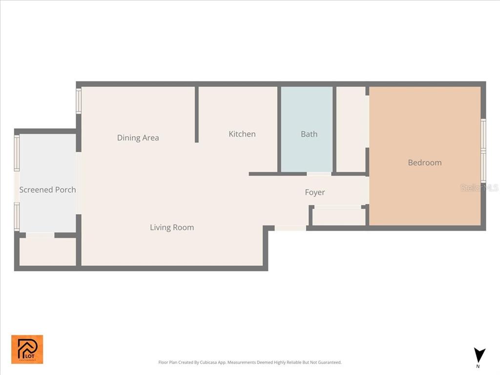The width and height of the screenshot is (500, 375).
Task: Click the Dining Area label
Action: [138, 138]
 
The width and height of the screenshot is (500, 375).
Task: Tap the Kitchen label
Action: [242, 134]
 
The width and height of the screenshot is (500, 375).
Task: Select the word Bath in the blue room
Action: [309, 134]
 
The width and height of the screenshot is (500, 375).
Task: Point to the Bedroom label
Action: [424, 163]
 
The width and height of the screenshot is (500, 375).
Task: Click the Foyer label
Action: [314, 192]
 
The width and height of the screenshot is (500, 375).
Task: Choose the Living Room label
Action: [171, 227]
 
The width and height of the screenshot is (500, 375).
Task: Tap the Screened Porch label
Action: [47, 189]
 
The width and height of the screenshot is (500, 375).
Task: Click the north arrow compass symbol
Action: [479, 355]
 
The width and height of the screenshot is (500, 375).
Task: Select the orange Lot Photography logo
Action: [27, 349]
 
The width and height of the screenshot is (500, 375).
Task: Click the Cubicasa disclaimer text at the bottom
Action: [250, 362]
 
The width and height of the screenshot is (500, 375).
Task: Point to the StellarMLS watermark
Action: [479, 187]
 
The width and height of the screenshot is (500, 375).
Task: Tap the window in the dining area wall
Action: [79, 101]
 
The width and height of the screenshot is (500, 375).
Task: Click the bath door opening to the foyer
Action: [319, 174]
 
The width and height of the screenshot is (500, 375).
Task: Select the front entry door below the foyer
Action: [290, 228]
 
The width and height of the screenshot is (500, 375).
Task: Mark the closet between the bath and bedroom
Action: [352, 129]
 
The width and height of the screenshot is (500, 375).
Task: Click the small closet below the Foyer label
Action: [338, 216]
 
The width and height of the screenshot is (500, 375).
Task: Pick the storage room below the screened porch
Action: [47, 252]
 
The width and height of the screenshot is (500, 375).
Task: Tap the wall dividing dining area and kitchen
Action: [197, 115]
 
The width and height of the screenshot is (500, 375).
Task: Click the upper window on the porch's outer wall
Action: [17, 153]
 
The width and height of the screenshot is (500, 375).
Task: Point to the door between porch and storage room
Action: [40, 235]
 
